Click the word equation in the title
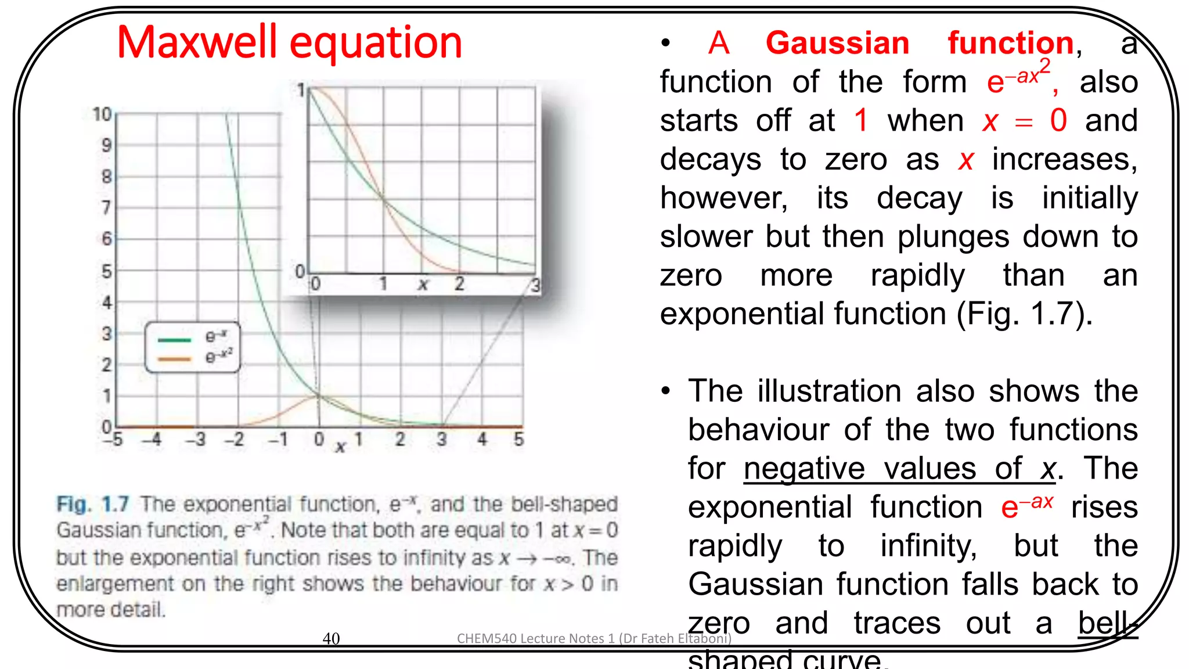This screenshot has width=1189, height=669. pyautogui.click(x=376, y=44)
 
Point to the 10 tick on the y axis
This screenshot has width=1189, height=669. pyautogui.click(x=102, y=114)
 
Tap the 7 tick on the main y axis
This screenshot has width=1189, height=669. pyautogui.click(x=106, y=207)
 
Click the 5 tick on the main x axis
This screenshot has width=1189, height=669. pyautogui.click(x=518, y=439)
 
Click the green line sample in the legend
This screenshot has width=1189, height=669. pyautogui.click(x=174, y=340)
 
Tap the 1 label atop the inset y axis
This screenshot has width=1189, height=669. pyautogui.click(x=301, y=90)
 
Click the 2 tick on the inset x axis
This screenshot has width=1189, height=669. pyautogui.click(x=459, y=284)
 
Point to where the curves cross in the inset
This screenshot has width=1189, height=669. pyautogui.click(x=383, y=200)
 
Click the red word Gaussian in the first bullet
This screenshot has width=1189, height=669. pyautogui.click(x=837, y=44)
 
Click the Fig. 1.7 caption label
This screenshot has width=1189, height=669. pyautogui.click(x=93, y=503)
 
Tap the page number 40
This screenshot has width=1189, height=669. pyautogui.click(x=331, y=638)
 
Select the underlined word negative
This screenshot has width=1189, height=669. pyautogui.click(x=804, y=468)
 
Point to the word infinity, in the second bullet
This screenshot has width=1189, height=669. pyautogui.click(x=928, y=546)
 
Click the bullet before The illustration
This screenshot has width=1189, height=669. pyautogui.click(x=666, y=391)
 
